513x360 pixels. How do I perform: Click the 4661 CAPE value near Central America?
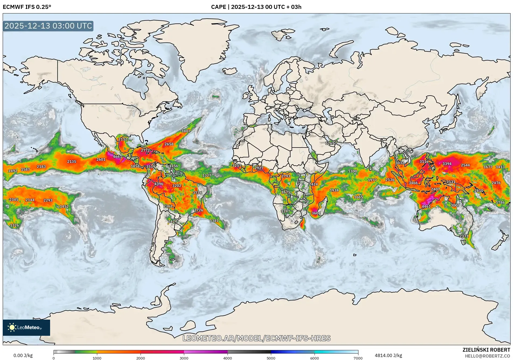tap(117, 156)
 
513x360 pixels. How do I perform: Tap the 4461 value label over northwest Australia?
tap(426, 207)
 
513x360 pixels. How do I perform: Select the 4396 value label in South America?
tap(159, 184)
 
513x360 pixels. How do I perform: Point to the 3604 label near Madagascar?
tap(316, 213)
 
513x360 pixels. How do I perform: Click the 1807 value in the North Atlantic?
tap(186, 131)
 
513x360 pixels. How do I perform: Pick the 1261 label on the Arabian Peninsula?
tap(330, 143)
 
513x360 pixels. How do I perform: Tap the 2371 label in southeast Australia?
tap(464, 236)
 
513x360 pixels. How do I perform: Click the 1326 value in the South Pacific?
tap(14, 225)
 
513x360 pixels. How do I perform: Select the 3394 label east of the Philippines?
tap(447, 164)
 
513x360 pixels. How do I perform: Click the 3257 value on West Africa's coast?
tap(237, 165)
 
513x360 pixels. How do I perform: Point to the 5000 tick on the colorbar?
tap(271, 358)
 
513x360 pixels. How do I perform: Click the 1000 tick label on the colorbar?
tap(97, 358)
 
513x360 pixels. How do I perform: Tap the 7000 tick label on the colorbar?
tap(358, 358)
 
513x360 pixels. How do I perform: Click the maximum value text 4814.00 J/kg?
tap(388, 355)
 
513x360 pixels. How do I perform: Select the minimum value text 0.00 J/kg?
tap(23, 355)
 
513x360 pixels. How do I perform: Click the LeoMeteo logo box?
tap(26, 327)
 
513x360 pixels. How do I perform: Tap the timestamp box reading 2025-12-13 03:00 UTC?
tap(48, 26)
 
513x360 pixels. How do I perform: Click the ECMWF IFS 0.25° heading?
tap(27, 7)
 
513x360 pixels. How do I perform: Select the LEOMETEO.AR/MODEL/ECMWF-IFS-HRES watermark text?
tap(256, 338)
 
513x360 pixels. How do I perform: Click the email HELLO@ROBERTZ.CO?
tap(487, 356)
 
